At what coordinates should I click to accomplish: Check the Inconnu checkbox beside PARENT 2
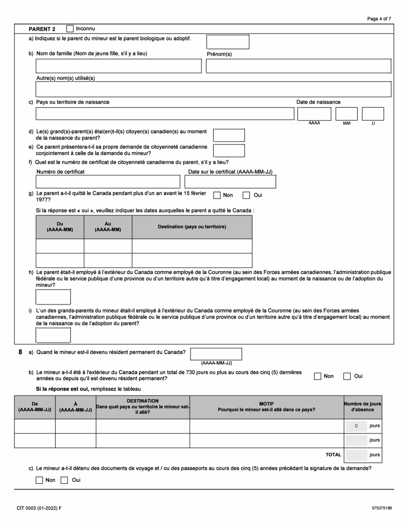(x=70, y=29)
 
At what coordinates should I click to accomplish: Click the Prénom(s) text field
(x=298, y=66)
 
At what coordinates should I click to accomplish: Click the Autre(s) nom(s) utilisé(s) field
(x=213, y=89)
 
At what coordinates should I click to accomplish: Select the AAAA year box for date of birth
(x=314, y=114)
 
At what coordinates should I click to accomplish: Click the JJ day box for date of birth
(x=373, y=114)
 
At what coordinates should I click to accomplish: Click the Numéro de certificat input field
(x=108, y=182)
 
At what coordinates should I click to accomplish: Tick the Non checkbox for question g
(x=217, y=195)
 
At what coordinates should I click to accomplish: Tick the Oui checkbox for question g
(x=246, y=195)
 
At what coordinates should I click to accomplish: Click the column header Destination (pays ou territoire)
(x=192, y=227)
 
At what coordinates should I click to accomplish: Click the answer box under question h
(x=53, y=297)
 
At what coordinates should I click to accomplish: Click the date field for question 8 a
(x=216, y=354)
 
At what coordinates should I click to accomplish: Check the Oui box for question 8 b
(x=347, y=376)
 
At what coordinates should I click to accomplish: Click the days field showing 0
(x=356, y=426)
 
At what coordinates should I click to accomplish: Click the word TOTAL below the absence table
(x=333, y=455)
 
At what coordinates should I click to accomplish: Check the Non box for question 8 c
(x=40, y=480)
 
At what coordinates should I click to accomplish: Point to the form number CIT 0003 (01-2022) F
(x=39, y=508)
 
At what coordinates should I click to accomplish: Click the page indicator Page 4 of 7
(x=379, y=19)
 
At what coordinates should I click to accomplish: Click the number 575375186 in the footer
(x=382, y=508)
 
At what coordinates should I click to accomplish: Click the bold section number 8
(x=20, y=352)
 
